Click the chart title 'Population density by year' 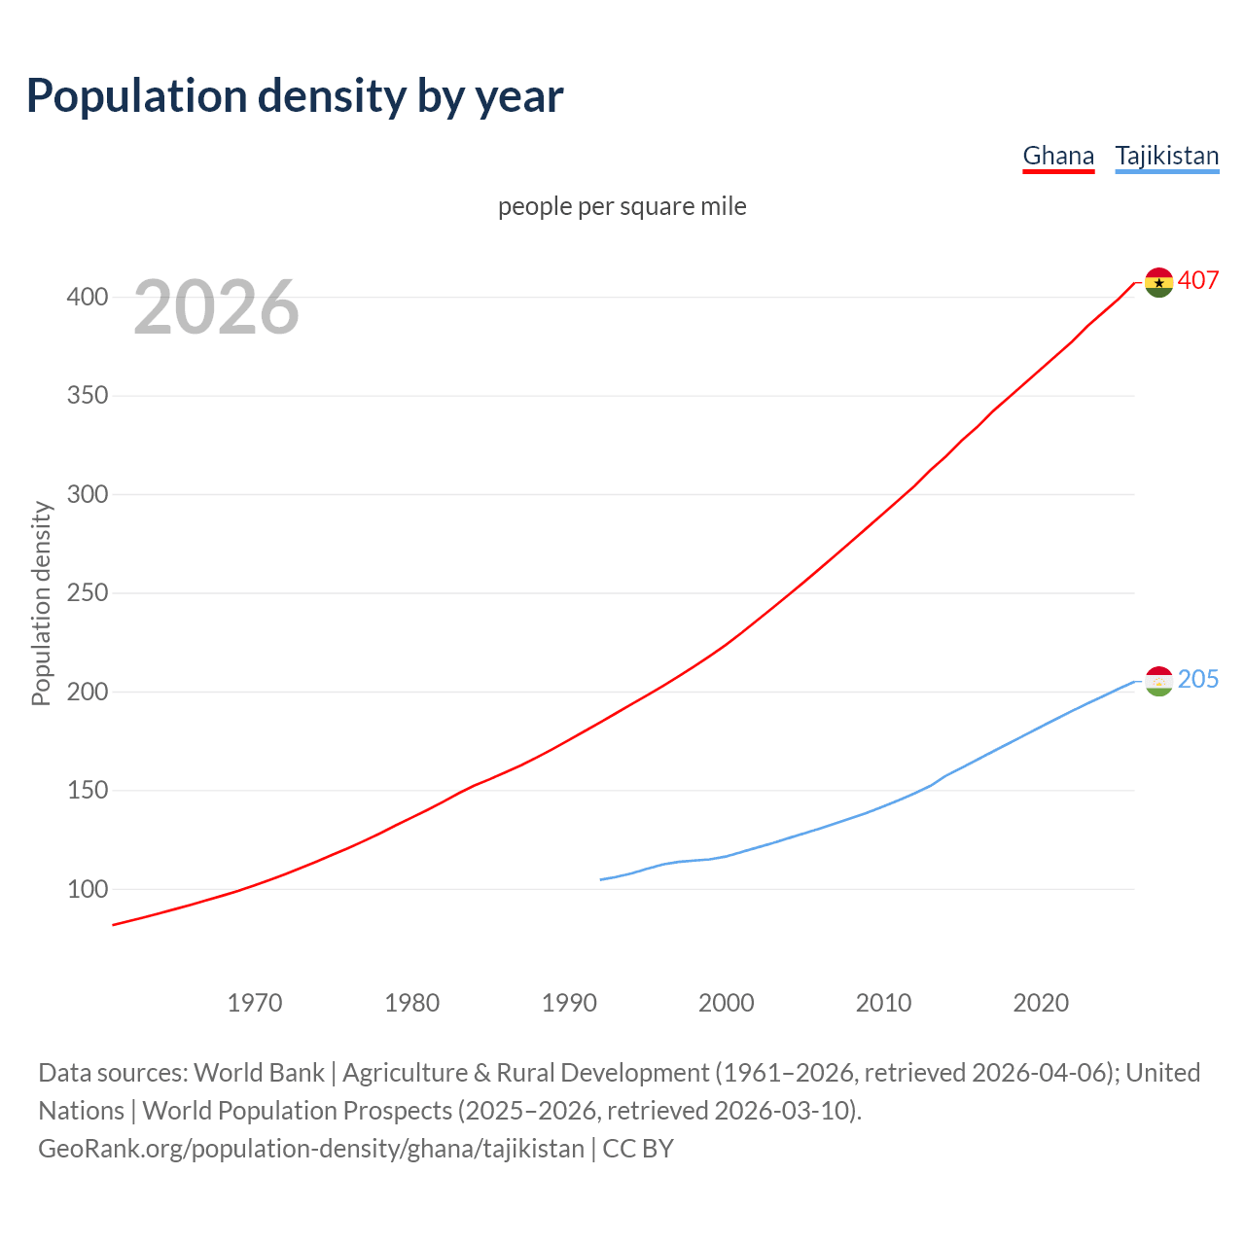[x=295, y=96]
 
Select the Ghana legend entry [x=1058, y=156]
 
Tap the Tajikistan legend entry [x=1166, y=156]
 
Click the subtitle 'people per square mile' [x=622, y=206]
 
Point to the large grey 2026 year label [x=216, y=307]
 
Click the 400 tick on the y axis [x=87, y=297]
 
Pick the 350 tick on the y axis [x=87, y=396]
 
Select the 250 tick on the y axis [x=87, y=593]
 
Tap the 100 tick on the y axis [x=87, y=889]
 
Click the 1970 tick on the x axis [x=255, y=1003]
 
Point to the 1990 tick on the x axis [x=569, y=1003]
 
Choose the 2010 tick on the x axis [x=883, y=1003]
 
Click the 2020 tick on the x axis [x=1041, y=1003]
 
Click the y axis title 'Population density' [x=41, y=603]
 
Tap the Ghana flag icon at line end [x=1158, y=282]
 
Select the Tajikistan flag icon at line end [x=1158, y=681]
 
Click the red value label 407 [x=1198, y=281]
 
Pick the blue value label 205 [x=1198, y=679]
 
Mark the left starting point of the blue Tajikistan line [x=601, y=879]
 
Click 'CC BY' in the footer [x=638, y=1149]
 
